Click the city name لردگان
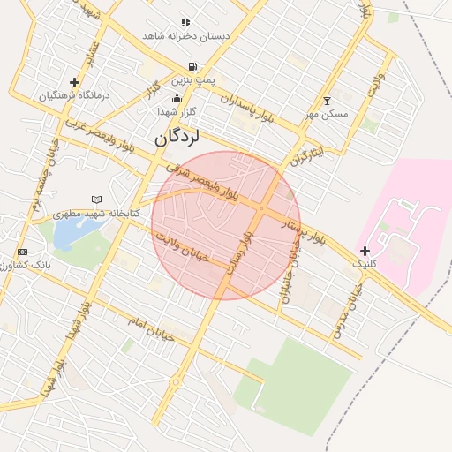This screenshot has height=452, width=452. (177, 138)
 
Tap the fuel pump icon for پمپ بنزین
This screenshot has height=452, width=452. (192, 66)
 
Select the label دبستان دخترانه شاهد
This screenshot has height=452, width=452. (186, 36)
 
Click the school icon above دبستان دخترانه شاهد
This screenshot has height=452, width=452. (185, 21)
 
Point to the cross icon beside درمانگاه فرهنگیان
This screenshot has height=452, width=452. (74, 82)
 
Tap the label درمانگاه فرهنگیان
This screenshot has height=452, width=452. (74, 94)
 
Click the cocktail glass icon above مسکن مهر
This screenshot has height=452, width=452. (328, 101)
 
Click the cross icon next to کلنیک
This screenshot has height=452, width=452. (365, 251)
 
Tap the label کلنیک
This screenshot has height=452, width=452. (364, 264)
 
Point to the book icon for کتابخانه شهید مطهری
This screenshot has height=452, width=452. (96, 200)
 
